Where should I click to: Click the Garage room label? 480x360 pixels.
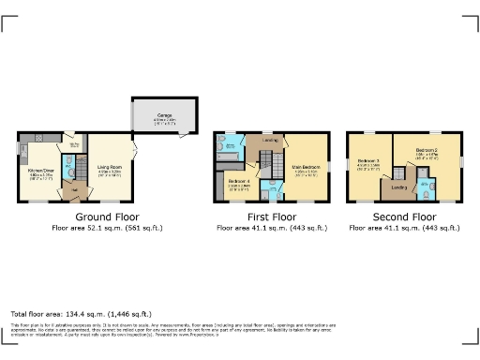click(x=164, y=116)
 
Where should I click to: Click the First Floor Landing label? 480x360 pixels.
click(x=270, y=142)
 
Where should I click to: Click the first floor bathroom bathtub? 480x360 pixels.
click(x=229, y=144)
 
